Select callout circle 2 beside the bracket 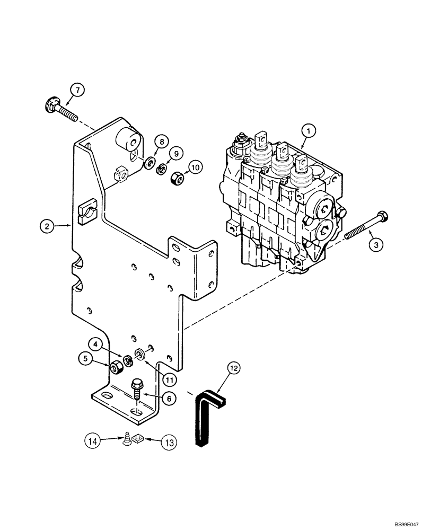[47, 226]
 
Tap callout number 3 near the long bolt [375, 244]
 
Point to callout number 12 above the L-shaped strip [234, 366]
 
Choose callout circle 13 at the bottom [170, 440]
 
